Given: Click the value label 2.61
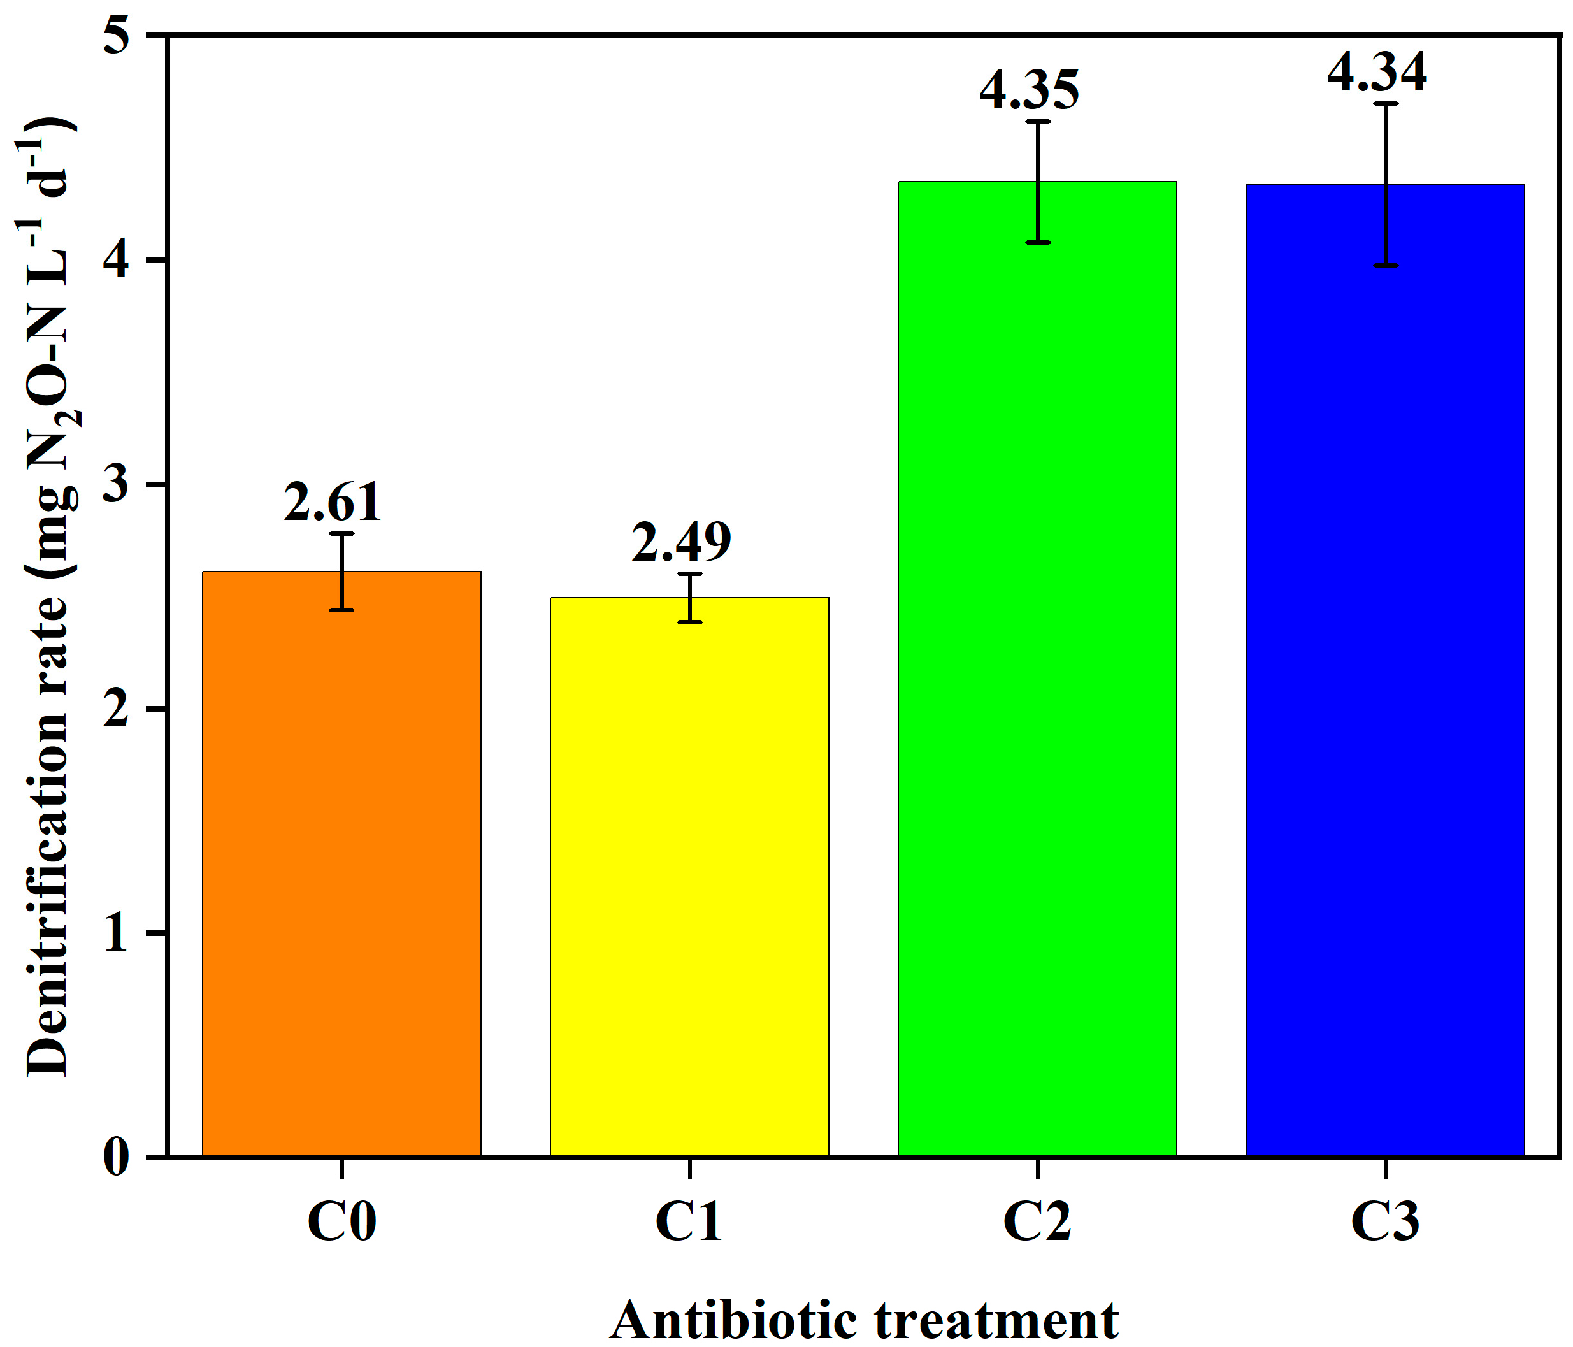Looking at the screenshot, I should point(333,502).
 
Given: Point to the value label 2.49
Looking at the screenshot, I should point(681,542).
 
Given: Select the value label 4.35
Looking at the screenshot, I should point(1029,90).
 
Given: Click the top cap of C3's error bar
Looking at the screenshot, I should point(1386,103).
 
